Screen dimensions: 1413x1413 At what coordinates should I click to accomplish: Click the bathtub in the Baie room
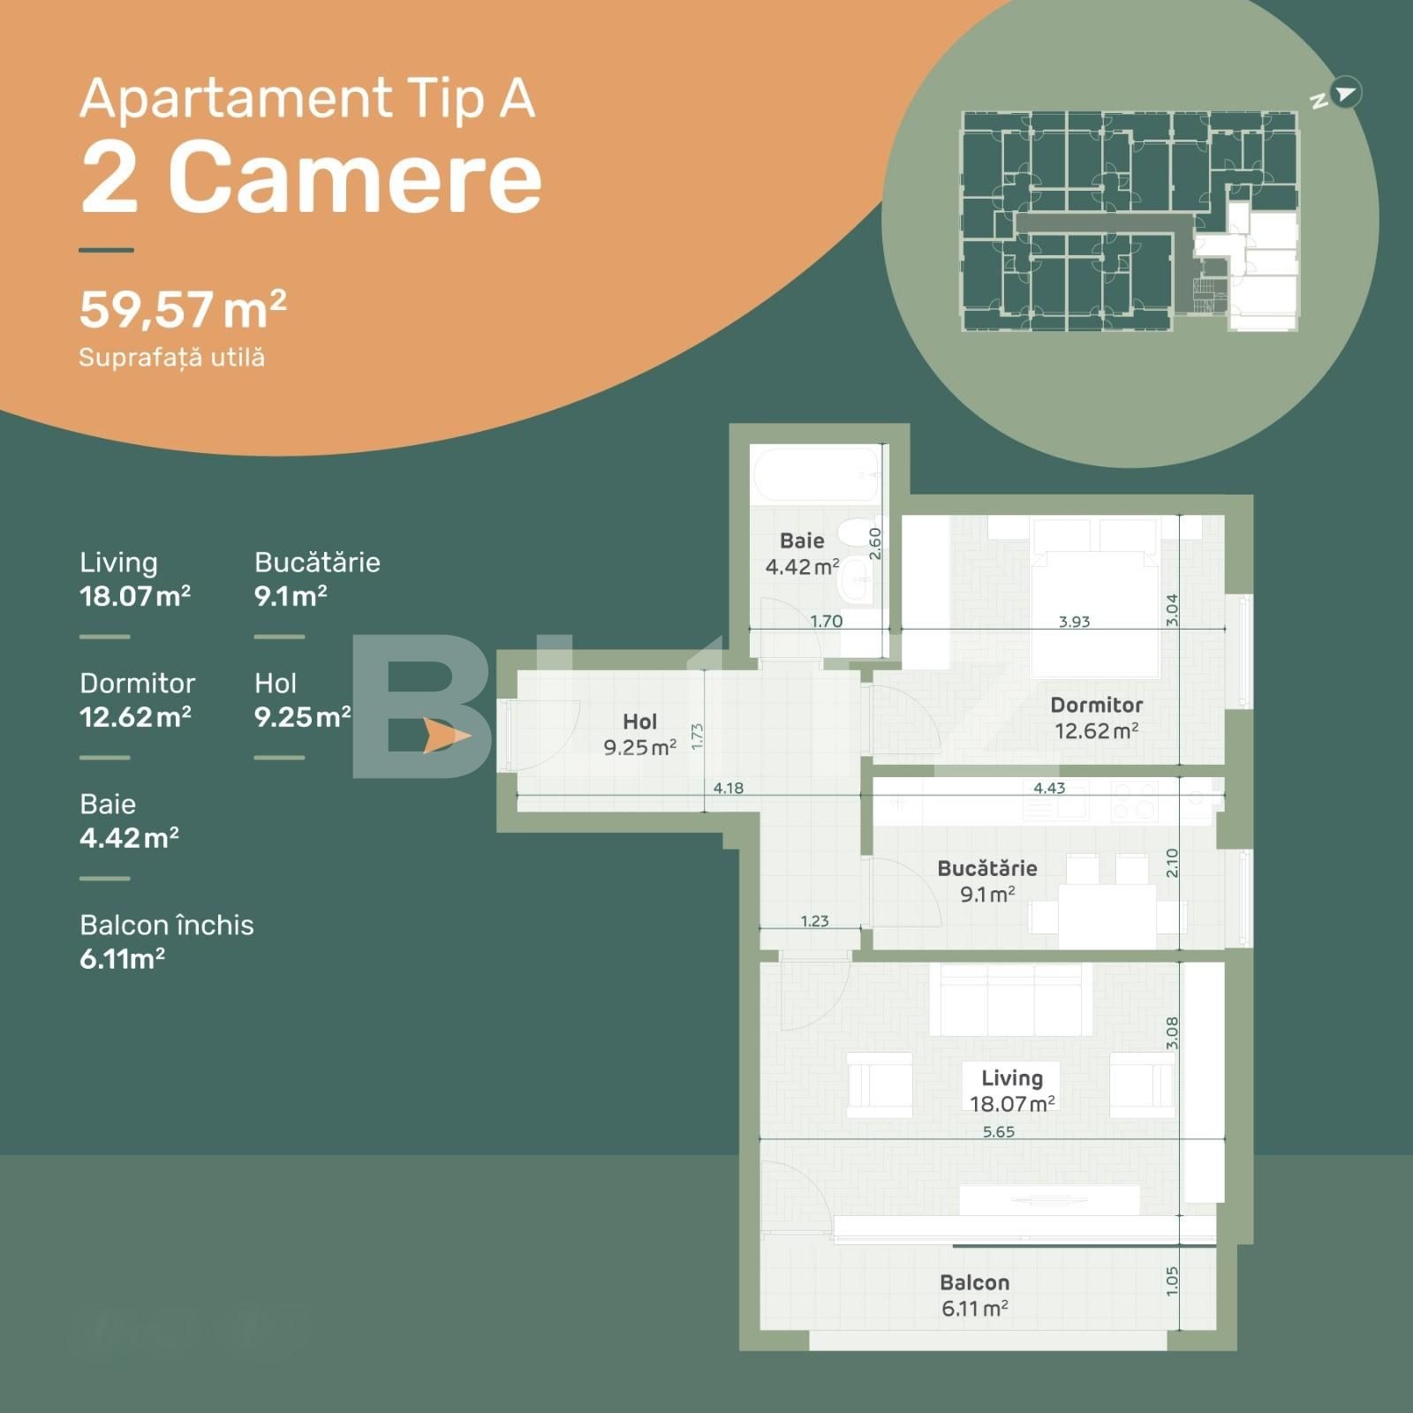pos(816,474)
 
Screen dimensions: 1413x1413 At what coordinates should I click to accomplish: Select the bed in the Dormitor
pos(1095,609)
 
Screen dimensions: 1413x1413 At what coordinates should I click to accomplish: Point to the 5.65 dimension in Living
pos(998,1131)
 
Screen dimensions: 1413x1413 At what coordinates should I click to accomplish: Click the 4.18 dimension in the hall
pos(728,788)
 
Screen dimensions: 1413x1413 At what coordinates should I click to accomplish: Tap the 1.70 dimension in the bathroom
pos(826,621)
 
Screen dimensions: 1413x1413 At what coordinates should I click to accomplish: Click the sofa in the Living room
pos(1010,1000)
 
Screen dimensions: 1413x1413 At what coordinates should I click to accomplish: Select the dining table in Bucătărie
pos(1107,914)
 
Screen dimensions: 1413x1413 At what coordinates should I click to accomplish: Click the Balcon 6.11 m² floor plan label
pos(974,1295)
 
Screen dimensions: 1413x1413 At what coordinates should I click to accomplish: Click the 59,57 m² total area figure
pos(183,310)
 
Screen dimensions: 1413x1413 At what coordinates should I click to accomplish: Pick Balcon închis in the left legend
pos(166,925)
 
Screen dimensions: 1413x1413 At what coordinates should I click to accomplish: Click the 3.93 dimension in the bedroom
pos(1074,621)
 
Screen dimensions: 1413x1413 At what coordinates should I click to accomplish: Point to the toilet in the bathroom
pos(854,533)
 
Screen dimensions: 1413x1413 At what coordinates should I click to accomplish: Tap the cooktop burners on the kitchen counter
pos(1134,800)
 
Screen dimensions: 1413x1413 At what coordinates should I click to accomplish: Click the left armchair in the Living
pos(879,1084)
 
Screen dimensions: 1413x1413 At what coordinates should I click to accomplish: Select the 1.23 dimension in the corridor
pos(814,921)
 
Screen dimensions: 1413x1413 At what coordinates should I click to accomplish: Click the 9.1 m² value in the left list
pos(291,596)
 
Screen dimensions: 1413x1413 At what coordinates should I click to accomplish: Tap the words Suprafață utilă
pos(171,358)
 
